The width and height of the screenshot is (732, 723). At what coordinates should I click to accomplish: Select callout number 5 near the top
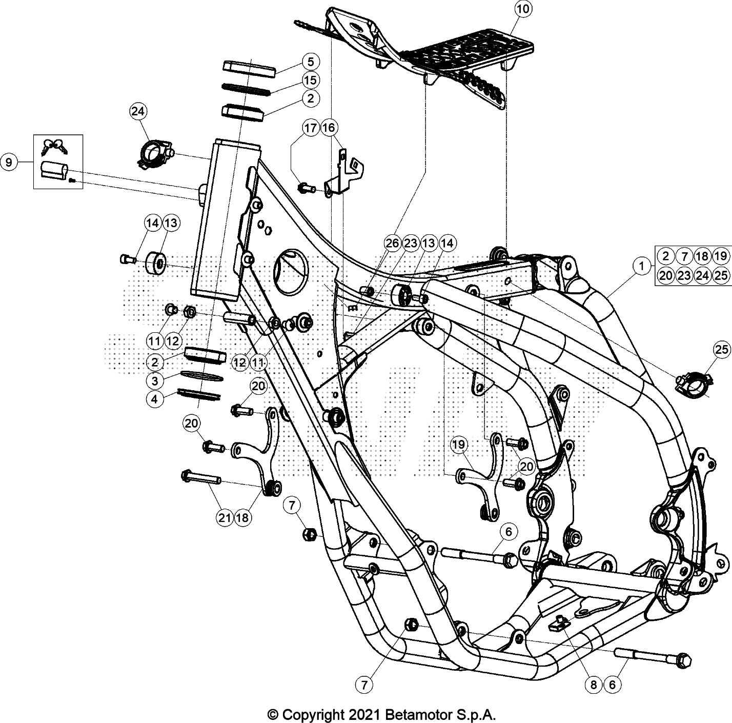(311, 62)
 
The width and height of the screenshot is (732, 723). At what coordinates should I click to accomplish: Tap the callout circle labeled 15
(311, 80)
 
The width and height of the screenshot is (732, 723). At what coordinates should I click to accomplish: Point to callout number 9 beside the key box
(9, 163)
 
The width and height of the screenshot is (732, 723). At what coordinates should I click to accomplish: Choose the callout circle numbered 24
(137, 111)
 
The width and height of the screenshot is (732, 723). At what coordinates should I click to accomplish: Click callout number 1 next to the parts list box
(641, 266)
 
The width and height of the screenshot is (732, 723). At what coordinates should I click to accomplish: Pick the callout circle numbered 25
(721, 350)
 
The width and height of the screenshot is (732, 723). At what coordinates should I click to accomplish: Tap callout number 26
(393, 244)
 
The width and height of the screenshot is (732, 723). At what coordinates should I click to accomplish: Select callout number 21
(225, 518)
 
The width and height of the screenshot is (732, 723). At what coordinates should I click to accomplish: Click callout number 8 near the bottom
(593, 684)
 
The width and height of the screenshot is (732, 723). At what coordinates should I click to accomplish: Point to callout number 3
(155, 380)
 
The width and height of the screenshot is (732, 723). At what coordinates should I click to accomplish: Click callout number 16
(329, 128)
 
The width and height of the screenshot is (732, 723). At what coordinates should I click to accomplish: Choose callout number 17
(311, 128)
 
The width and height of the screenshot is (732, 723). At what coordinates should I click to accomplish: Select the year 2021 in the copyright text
(359, 714)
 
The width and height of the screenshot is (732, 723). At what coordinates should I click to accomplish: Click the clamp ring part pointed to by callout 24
(154, 153)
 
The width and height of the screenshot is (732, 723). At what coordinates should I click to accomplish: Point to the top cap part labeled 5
(249, 67)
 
